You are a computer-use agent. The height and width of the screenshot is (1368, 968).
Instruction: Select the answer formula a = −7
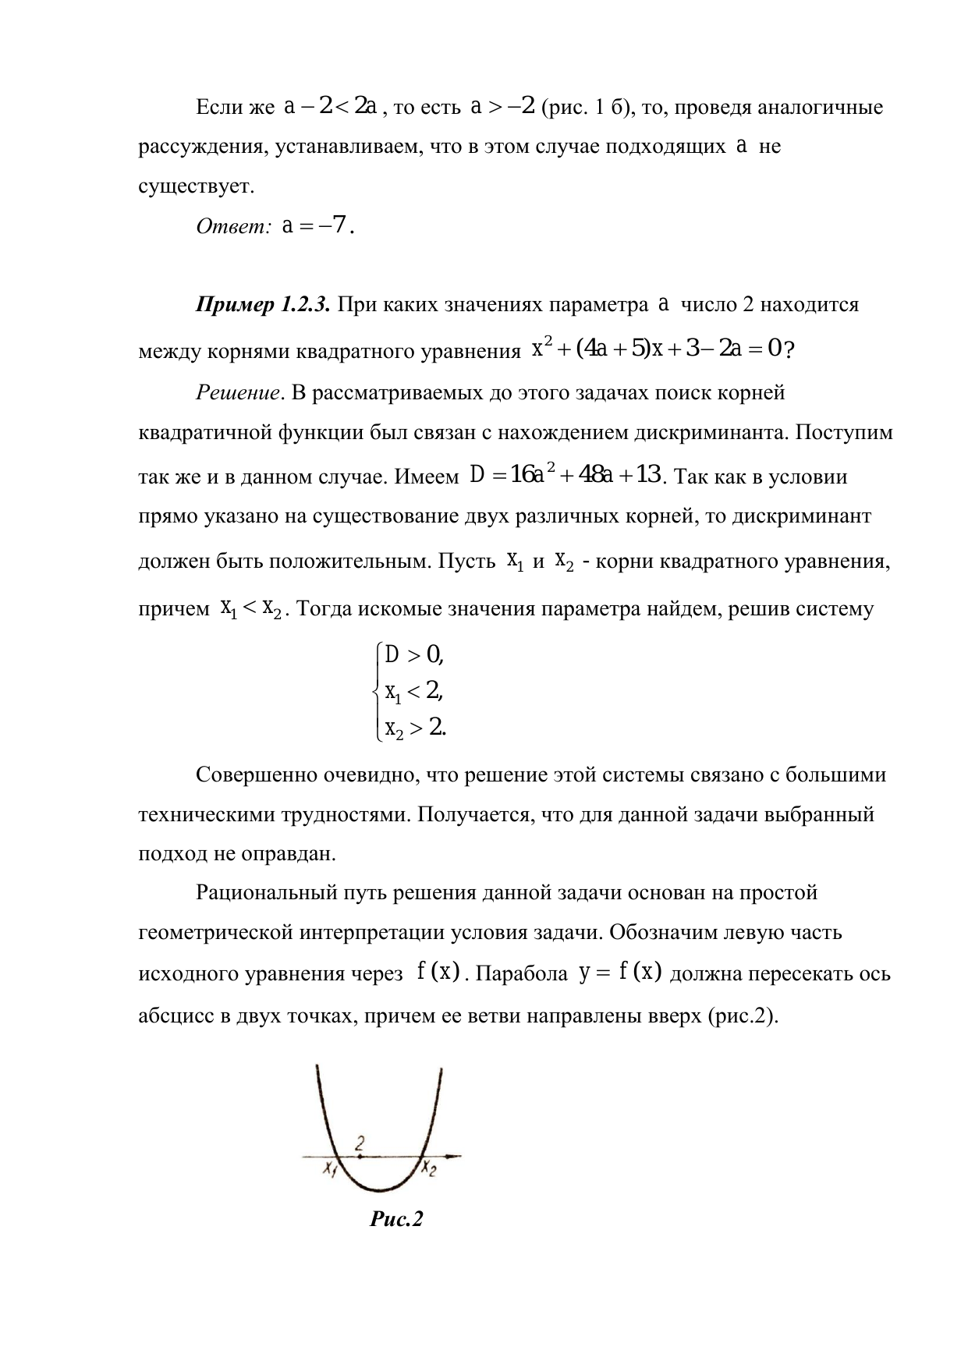click(319, 226)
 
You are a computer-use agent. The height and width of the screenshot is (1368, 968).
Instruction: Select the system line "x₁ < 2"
click(414, 691)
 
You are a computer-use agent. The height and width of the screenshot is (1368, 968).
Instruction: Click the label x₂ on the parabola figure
click(431, 1168)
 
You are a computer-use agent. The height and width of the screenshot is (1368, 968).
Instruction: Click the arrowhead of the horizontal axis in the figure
click(456, 1155)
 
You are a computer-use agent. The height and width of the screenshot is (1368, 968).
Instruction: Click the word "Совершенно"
click(252, 775)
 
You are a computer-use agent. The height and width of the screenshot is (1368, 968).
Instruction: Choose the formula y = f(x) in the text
click(621, 973)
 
